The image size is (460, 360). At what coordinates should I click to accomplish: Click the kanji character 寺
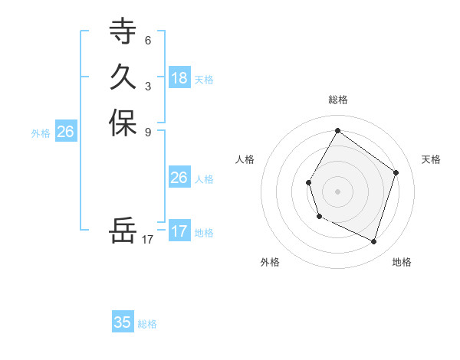pos(123,32)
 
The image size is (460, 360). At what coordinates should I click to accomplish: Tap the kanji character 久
pos(123,77)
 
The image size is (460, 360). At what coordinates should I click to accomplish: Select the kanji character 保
pos(123,123)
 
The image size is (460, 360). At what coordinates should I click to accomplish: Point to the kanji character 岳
pos(123,231)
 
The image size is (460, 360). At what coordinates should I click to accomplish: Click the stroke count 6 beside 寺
pos(147,40)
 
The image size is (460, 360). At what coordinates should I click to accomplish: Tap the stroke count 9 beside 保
pos(147,131)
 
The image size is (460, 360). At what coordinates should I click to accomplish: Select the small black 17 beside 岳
pos(148,239)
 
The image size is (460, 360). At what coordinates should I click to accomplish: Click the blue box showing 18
pos(179,78)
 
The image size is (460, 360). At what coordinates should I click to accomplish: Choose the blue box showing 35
pos(123,322)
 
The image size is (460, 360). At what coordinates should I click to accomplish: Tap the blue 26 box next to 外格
pos(65,132)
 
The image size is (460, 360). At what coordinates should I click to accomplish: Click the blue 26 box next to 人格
pos(179,178)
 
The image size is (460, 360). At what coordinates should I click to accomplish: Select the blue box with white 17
pos(179,231)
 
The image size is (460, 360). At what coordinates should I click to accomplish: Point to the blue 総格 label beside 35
pos(147,324)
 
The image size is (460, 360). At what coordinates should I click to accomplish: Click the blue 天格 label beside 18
pos(204,80)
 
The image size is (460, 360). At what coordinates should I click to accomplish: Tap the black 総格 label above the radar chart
pos(337,100)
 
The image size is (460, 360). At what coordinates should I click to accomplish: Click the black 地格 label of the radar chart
pos(402,262)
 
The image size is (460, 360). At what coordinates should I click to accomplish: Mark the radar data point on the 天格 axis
pos(396,172)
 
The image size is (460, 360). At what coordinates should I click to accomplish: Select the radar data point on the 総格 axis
pos(337,130)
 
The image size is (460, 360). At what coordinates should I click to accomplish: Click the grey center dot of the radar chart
pos(337,191)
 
